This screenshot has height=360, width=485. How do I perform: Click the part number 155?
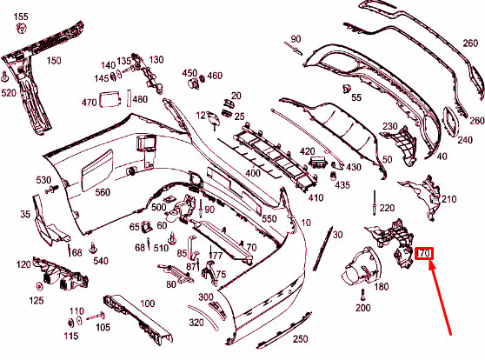coord(22,17)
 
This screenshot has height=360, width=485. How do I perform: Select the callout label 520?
coord(9,92)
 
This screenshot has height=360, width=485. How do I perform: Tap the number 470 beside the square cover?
coord(89,103)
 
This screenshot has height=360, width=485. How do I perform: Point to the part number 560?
coord(103,192)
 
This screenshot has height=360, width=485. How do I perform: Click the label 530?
coord(43,180)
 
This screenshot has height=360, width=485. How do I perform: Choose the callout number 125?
coord(36,300)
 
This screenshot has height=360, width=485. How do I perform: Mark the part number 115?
coord(71,336)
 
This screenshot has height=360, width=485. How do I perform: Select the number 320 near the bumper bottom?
coord(196,322)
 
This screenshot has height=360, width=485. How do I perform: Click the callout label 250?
coord(299,338)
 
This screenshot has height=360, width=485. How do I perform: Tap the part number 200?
coord(362,308)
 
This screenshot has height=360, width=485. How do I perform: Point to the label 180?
coord(381,286)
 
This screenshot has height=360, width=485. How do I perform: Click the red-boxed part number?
coord(424,254)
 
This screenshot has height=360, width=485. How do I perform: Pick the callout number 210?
coord(448,199)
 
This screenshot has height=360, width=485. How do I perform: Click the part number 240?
coord(465,140)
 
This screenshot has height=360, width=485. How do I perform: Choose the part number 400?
coord(253,173)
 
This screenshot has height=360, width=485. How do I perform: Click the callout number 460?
coord(215,74)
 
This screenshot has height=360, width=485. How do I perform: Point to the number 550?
coord(269,218)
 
